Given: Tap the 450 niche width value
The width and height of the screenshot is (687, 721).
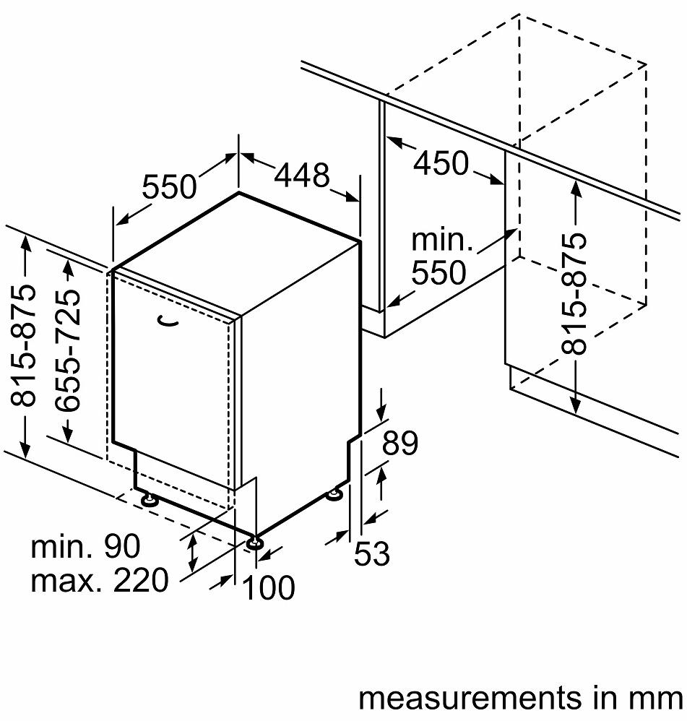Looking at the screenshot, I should point(441,164).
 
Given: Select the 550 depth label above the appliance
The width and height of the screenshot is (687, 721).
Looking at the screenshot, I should point(169,188).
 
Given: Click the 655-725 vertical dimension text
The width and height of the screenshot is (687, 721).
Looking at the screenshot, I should point(69,351).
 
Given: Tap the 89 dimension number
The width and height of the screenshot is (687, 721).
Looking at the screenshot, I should point(400,444).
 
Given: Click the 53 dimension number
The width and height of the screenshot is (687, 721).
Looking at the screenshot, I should point(372,554).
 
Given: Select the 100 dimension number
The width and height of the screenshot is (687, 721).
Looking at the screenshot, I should point(269,588).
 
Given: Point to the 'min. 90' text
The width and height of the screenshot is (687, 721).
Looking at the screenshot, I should point(85,547).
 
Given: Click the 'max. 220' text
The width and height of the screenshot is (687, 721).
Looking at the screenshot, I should point(99,579).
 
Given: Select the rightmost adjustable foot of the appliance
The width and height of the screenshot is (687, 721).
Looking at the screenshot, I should point(334,494).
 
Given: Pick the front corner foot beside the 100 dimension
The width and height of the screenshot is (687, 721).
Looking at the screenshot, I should point(254,542).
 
